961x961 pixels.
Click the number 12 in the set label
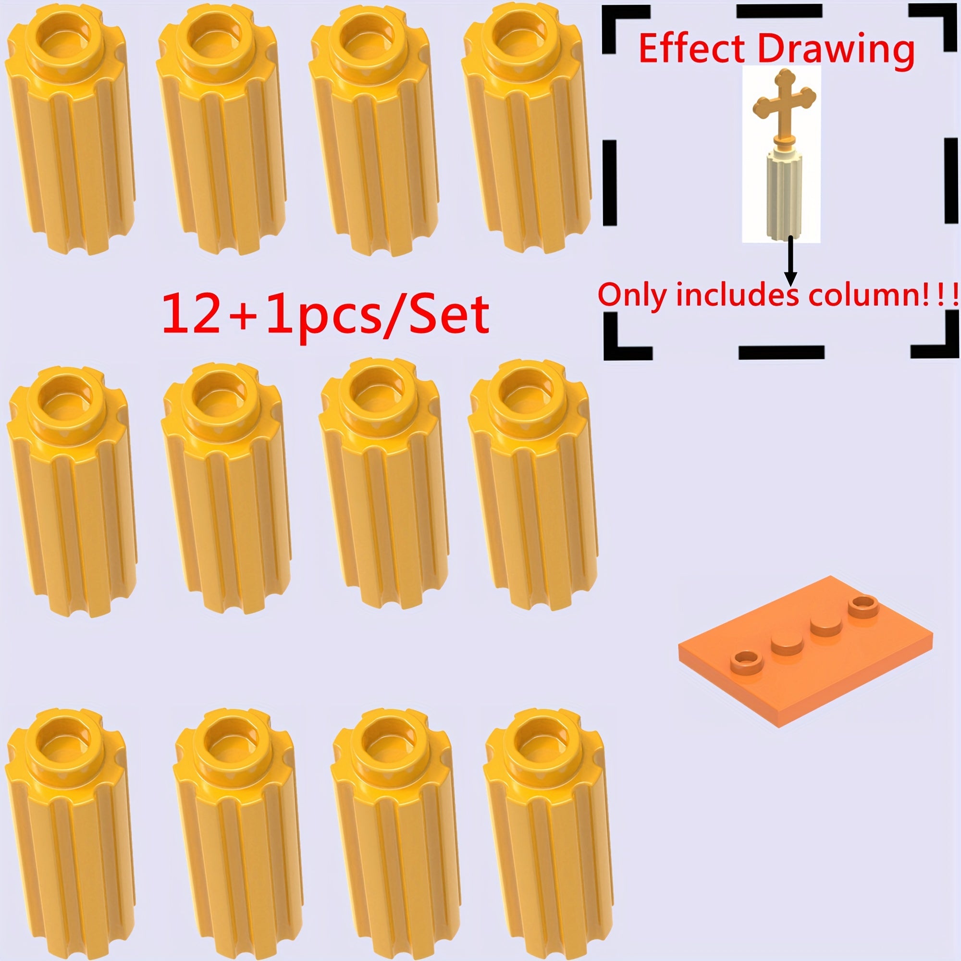coord(190,313)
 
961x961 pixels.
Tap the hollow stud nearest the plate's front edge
coord(747,662)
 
